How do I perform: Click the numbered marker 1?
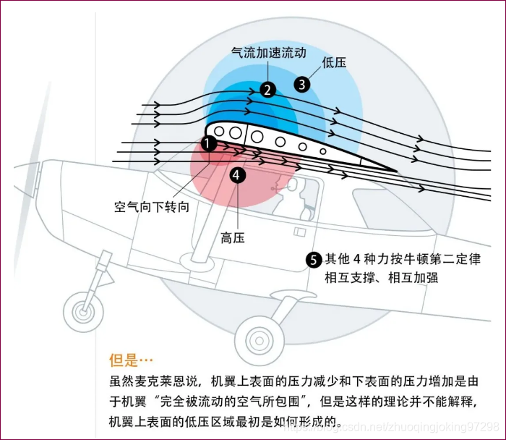209,143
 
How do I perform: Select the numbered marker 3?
303,84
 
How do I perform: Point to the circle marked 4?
237,174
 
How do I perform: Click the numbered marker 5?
314,259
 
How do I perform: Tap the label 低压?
335,62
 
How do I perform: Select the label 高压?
233,237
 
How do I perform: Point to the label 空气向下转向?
152,206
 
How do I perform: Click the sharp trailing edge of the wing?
394,170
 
